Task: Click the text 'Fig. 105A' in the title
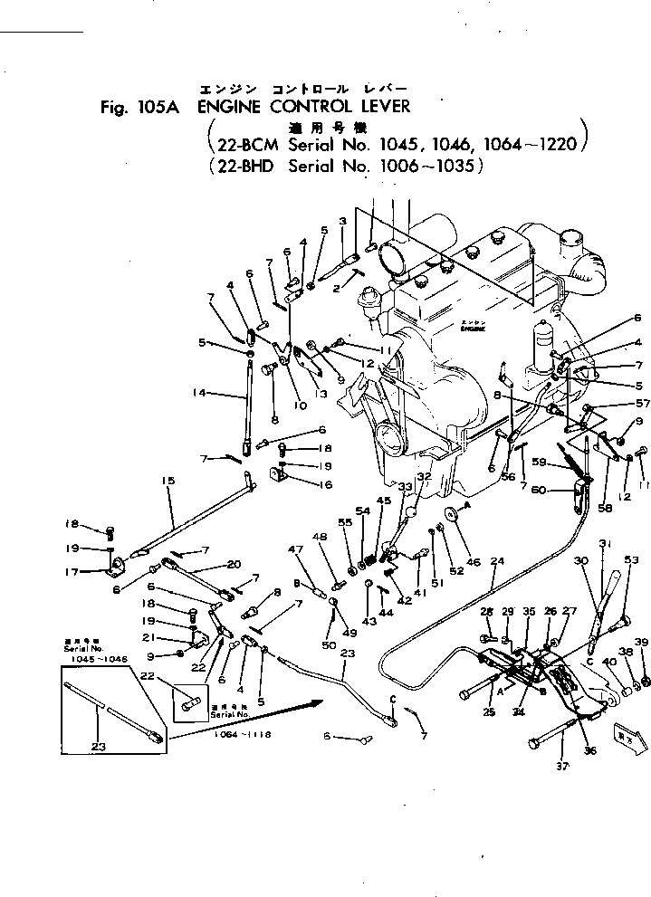click(x=139, y=107)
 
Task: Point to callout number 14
click(x=201, y=394)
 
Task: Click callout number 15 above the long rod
click(x=167, y=480)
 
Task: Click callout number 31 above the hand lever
click(x=607, y=543)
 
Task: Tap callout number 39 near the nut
click(x=642, y=643)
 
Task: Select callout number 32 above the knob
click(x=424, y=476)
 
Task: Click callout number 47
click(x=295, y=549)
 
